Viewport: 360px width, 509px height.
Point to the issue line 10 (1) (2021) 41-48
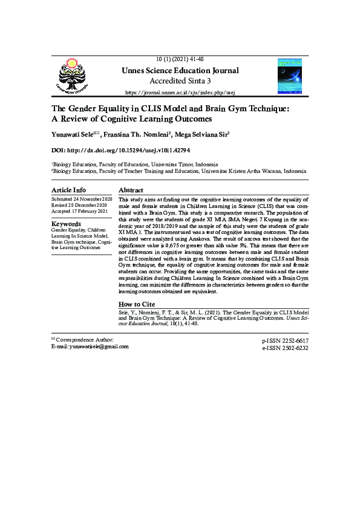point(180,59)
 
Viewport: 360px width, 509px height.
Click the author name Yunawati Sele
point(74,133)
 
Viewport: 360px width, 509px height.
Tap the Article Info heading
point(68,190)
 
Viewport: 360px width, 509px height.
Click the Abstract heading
point(131,190)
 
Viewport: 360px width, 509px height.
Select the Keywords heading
point(67,224)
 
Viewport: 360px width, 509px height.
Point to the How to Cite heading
point(137,304)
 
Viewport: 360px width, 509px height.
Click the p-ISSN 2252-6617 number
point(284,341)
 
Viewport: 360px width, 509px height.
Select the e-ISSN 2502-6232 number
point(284,348)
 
